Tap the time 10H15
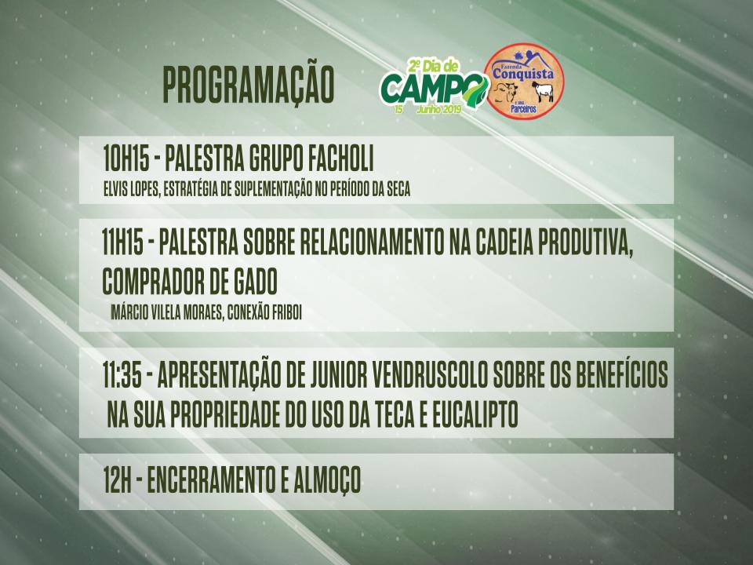[x=125, y=159]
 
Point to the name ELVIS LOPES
[x=131, y=189]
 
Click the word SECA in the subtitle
[x=398, y=189]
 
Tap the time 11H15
[x=123, y=242]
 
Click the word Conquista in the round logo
[x=523, y=74]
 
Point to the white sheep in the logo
[x=542, y=92]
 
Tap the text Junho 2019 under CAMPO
[x=439, y=109]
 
